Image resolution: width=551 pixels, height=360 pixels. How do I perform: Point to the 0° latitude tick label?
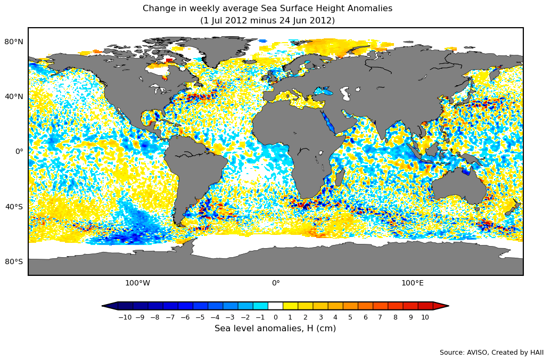tap(19, 152)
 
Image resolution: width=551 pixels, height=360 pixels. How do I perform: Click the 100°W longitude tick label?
tap(137, 283)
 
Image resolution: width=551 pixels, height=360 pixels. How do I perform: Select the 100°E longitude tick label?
tap(413, 283)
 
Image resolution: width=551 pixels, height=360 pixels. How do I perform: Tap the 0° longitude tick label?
tap(276, 283)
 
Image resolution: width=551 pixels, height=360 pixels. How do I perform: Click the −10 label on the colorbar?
tap(125, 317)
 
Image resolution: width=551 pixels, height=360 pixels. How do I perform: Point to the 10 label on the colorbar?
tap(425, 317)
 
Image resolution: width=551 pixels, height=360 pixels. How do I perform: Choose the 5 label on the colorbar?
tap(350, 317)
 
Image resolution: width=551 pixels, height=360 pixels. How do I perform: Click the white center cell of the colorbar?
tap(275, 306)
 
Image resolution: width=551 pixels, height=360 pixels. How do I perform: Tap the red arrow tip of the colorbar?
tap(441, 306)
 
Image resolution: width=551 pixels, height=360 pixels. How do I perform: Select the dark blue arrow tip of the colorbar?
tap(110, 306)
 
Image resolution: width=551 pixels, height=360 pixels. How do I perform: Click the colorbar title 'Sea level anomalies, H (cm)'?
tap(275, 329)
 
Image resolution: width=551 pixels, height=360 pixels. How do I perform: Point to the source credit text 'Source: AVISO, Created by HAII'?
tap(491, 353)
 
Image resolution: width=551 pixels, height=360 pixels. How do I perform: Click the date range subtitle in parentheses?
tap(267, 21)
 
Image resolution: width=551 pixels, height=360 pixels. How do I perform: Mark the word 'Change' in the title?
tap(158, 9)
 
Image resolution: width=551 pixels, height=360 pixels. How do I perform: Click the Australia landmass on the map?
tap(458, 186)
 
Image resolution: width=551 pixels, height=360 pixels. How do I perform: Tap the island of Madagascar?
tap(339, 177)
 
